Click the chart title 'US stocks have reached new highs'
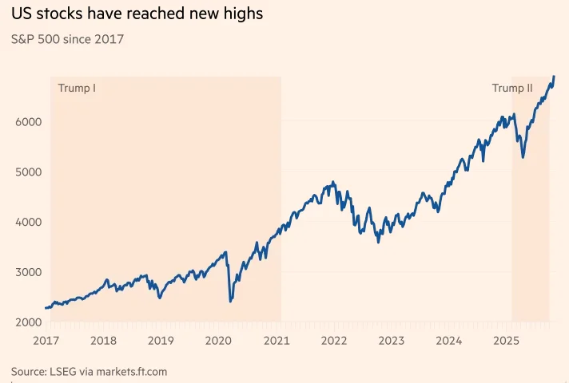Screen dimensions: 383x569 tap(137, 14)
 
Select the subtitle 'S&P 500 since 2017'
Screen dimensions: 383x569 tap(67, 38)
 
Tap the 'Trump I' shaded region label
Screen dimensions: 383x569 tap(78, 88)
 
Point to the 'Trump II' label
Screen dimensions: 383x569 tap(511, 88)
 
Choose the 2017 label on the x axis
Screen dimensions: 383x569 tap(46, 341)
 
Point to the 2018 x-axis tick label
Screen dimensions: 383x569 tap(104, 341)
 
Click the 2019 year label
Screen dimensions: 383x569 tap(161, 341)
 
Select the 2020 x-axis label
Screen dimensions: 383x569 tap(219, 341)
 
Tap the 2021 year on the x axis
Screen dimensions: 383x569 tap(277, 341)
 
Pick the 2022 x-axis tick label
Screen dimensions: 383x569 tap(334, 341)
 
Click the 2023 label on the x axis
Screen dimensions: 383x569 tap(392, 341)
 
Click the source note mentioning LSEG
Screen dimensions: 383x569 tap(89, 372)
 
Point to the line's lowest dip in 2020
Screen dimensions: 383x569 tap(230, 301)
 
